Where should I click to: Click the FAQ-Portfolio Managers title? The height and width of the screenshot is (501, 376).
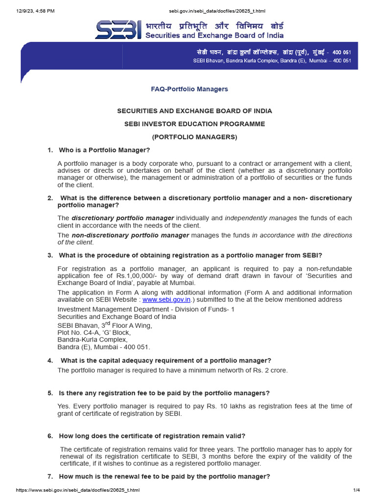(188, 89)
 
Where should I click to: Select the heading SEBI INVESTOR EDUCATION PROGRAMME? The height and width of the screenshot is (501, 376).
(194, 124)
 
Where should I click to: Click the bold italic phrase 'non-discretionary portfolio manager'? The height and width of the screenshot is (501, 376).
(130, 235)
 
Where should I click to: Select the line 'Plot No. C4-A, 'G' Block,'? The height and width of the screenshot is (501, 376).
(94, 332)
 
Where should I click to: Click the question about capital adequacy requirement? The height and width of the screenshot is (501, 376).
(165, 361)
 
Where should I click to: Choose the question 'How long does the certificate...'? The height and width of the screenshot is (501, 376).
(152, 436)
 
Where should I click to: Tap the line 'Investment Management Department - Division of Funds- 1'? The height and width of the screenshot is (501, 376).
(146, 309)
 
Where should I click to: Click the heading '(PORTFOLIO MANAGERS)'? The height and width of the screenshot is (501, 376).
(194, 137)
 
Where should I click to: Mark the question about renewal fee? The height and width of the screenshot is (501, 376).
(164, 477)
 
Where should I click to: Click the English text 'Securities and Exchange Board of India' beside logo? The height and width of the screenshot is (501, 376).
(214, 35)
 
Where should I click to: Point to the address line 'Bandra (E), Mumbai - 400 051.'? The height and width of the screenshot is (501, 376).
(104, 347)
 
